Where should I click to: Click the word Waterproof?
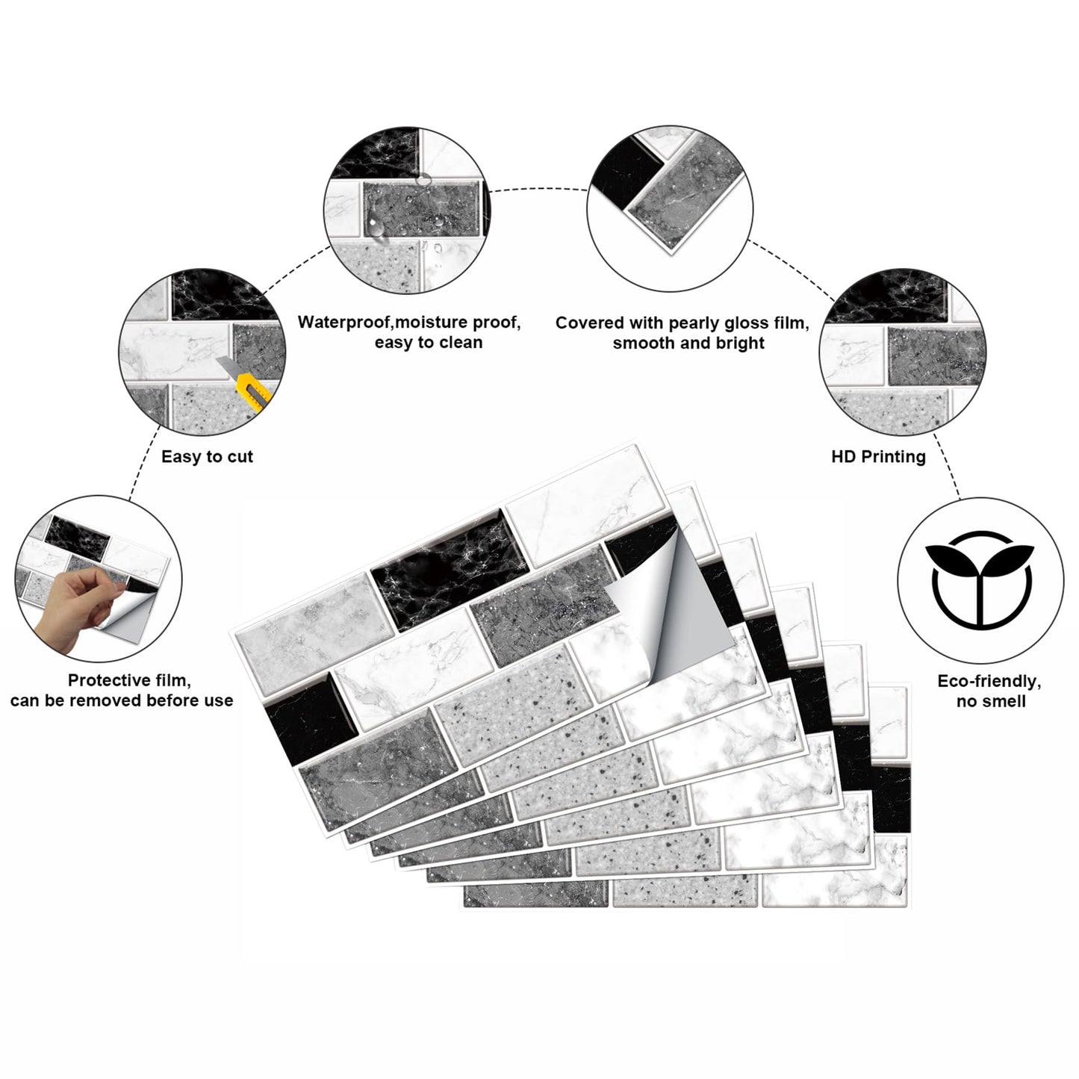click(x=343, y=322)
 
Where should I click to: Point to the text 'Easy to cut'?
click(x=207, y=456)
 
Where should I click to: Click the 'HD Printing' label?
click(x=879, y=456)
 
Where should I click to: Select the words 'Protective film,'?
click(x=129, y=680)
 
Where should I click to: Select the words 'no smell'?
click(x=991, y=701)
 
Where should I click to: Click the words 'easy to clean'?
click(x=429, y=342)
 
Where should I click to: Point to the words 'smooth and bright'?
click(x=688, y=343)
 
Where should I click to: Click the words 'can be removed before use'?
click(x=122, y=700)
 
